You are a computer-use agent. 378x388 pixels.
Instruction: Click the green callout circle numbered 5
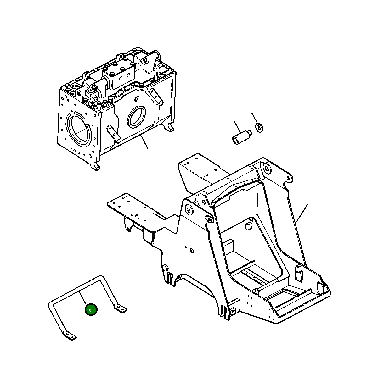[91, 310]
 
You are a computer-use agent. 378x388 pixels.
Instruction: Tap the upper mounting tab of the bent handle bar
[121, 308]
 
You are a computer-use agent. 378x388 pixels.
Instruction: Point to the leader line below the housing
[144, 142]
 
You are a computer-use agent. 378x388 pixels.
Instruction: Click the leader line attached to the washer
[255, 118]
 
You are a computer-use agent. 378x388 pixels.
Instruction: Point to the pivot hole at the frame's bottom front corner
[233, 311]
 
